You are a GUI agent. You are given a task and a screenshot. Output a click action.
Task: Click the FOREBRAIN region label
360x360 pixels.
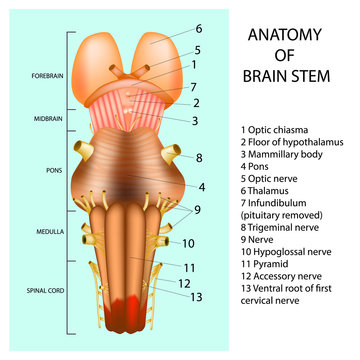pyautogui.click(x=48, y=76)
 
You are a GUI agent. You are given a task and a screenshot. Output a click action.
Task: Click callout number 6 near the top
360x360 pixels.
pyautogui.click(x=198, y=29)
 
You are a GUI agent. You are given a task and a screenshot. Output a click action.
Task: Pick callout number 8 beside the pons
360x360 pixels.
pyautogui.click(x=200, y=157)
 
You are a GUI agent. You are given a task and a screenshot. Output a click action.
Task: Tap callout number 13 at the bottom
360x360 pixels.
pyautogui.click(x=197, y=297)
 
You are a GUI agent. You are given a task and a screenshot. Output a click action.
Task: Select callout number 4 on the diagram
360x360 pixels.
pyautogui.click(x=201, y=187)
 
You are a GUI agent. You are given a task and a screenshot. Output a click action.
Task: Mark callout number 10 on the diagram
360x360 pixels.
pyautogui.click(x=189, y=243)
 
